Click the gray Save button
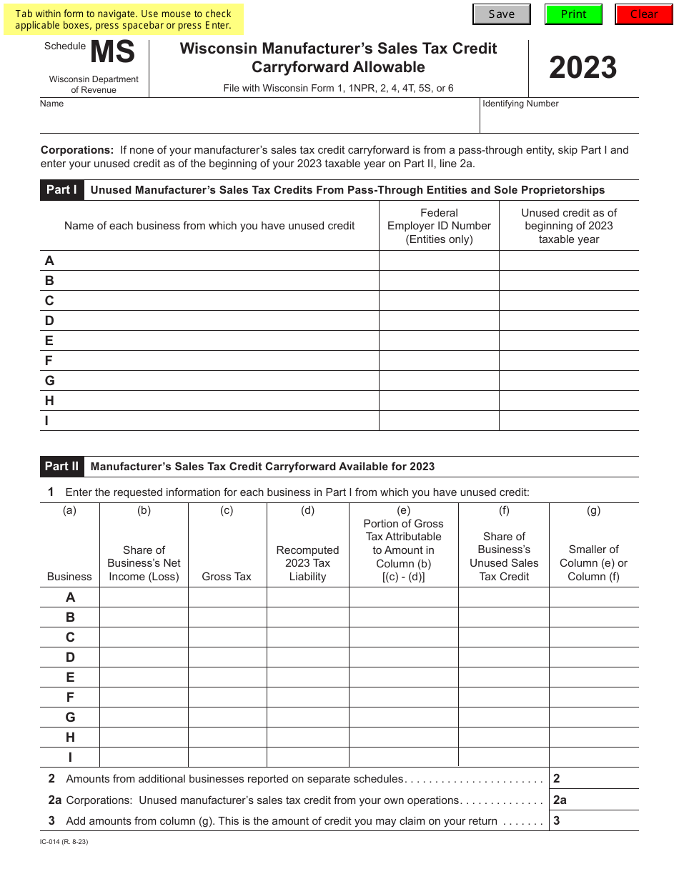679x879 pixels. (502, 14)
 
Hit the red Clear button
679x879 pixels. (643, 14)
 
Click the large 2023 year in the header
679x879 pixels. (583, 68)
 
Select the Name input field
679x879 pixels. (259, 120)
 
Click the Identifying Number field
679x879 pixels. (559, 120)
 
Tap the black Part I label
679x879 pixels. (61, 190)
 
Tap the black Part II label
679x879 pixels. (61, 467)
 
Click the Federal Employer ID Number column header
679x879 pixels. (439, 226)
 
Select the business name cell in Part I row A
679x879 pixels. (214, 261)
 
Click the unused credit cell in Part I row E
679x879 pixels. (569, 341)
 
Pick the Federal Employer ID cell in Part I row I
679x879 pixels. (439, 421)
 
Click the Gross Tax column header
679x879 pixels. (227, 577)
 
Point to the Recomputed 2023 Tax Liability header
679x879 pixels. (307, 563)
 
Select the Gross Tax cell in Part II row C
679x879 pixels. (227, 637)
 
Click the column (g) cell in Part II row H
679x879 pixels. (594, 738)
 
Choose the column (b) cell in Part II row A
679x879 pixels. (144, 597)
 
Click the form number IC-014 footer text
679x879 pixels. (64, 842)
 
